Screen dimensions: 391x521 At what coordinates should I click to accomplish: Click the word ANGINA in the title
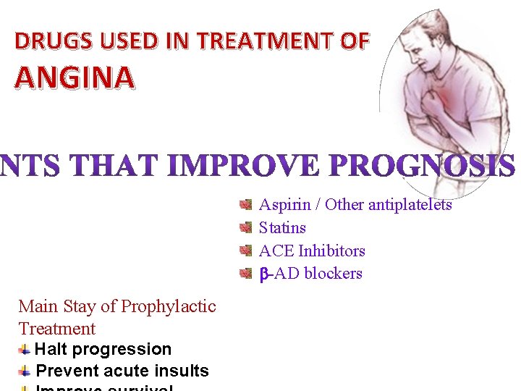75,77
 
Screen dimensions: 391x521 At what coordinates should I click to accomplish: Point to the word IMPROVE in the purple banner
242,167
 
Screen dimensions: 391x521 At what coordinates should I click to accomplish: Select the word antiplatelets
410,205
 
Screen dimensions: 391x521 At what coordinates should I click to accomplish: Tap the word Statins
282,228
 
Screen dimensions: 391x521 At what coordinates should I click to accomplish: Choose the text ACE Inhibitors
312,251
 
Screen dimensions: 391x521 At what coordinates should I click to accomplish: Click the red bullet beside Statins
246,228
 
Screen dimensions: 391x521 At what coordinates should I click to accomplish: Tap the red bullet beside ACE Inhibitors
246,251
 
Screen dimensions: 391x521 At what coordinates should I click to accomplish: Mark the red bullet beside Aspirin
246,205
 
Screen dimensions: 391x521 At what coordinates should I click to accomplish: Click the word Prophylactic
169,306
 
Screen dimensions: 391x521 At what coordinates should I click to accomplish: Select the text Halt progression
103,349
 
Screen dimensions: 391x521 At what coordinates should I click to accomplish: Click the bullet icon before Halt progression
25,349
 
